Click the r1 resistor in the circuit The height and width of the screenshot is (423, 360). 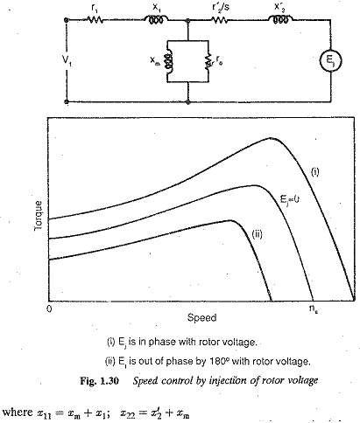point(95,20)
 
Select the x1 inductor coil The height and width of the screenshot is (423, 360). point(156,20)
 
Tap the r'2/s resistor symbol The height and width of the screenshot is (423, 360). point(219,20)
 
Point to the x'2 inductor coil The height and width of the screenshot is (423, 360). point(280,20)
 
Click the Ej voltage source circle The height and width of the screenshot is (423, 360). point(330,61)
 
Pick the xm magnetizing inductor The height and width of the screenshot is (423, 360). point(168,61)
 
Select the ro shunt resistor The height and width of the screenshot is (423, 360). point(208,61)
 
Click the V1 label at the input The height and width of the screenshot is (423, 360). point(67,60)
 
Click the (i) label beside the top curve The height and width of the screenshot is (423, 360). point(314,172)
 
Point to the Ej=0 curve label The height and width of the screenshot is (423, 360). point(290,199)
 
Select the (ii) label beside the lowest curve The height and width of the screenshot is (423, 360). point(257,234)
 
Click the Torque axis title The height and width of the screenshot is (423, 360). point(39,216)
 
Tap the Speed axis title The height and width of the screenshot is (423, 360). point(201,317)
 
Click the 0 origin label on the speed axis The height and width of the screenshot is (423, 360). point(49,309)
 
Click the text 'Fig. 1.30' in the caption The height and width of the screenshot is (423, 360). point(99,380)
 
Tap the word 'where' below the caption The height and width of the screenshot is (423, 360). point(18,412)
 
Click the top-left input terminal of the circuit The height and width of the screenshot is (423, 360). point(67,20)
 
